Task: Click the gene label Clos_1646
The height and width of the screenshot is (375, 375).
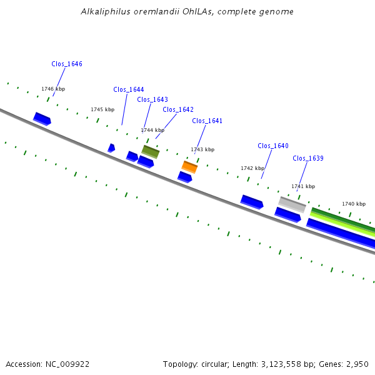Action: tap(67, 64)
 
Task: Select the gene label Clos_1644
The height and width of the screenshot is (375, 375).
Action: tap(129, 89)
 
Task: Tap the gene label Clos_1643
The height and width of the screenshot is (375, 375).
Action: tap(152, 99)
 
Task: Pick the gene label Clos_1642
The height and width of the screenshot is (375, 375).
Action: tap(178, 109)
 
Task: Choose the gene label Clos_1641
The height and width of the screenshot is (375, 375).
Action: tap(207, 121)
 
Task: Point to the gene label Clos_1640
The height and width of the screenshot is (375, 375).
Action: tap(273, 146)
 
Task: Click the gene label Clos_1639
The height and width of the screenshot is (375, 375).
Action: tap(308, 158)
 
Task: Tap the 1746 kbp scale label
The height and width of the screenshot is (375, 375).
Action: tap(53, 89)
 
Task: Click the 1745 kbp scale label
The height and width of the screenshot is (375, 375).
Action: tap(102, 109)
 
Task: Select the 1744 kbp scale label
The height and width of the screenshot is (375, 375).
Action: tap(152, 130)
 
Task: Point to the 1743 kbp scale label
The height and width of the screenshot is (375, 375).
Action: tap(202, 149)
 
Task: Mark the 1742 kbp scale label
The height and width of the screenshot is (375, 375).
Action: tap(252, 168)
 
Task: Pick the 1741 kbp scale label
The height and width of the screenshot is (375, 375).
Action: tap(303, 186)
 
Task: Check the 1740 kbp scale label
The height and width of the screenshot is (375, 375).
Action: tap(354, 204)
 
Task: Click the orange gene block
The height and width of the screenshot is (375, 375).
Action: tap(189, 166)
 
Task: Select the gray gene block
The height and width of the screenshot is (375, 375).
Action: tap(292, 204)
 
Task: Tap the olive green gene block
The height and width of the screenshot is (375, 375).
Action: tap(150, 151)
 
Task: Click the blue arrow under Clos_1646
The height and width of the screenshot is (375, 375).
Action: tap(42, 119)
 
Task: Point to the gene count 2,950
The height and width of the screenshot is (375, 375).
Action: tap(356, 364)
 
